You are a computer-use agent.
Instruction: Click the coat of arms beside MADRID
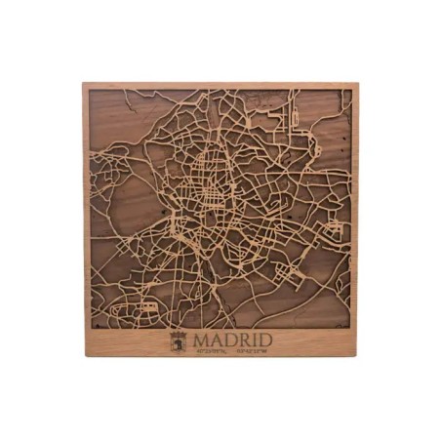pyautogui.click(x=179, y=341)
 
